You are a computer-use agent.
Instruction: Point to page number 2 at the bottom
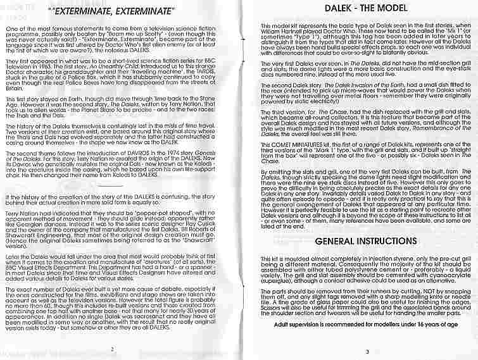pos(111,349)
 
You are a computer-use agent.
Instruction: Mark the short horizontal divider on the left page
pos(111,187)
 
